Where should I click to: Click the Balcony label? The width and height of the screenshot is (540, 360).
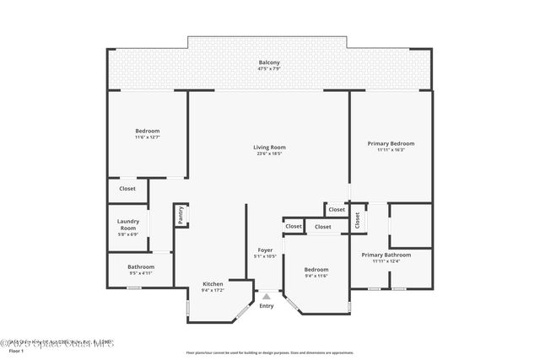click(269, 62)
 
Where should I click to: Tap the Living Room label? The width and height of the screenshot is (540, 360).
click(269, 148)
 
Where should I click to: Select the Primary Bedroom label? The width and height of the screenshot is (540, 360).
click(391, 143)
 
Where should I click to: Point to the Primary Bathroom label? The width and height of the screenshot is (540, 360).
click(386, 255)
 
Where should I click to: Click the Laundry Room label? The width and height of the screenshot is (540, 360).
click(127, 225)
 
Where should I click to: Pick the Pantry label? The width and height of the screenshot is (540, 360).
click(181, 216)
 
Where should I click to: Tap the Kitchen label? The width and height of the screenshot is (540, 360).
click(213, 284)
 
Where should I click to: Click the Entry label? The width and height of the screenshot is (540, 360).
click(267, 306)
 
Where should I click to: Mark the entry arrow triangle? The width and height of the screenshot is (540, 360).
click(267, 296)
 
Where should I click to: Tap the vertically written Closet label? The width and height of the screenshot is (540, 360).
click(357, 219)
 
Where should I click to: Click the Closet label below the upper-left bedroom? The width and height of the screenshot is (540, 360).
click(127, 189)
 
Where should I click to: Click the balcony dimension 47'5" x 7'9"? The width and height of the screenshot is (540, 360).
click(269, 69)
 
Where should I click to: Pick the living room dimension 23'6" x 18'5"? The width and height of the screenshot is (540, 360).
click(269, 154)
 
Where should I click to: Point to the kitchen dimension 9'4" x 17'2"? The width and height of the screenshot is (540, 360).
click(213, 290)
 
